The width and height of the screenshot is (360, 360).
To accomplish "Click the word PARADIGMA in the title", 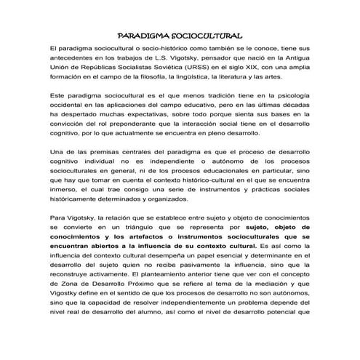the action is coord(143,36).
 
